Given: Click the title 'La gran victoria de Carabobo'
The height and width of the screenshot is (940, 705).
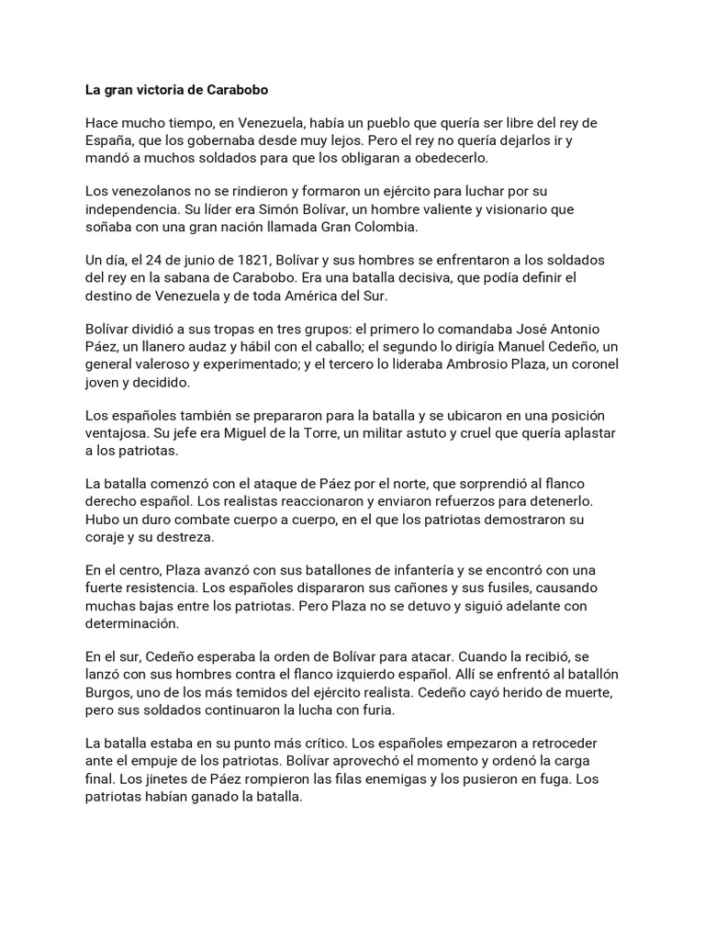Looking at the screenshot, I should coord(176,92).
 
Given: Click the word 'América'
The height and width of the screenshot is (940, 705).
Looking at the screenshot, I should coord(376,295).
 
